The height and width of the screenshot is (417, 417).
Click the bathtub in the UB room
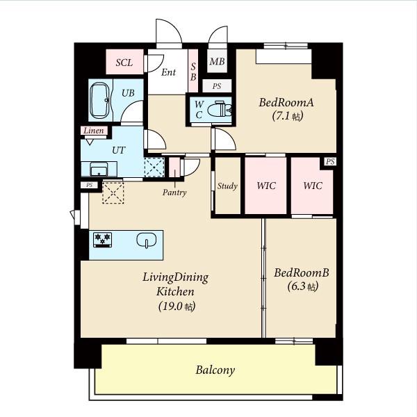click(x=99, y=100)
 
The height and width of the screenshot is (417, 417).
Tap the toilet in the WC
click(x=219, y=109)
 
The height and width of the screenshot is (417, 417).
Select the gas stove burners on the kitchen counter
click(x=102, y=240)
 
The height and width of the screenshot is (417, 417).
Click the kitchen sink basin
click(x=146, y=240)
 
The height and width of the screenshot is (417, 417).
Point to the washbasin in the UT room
click(x=99, y=169)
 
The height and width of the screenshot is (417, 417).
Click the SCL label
click(x=124, y=63)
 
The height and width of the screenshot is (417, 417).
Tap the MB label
click(x=217, y=61)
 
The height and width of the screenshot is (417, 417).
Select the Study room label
click(x=227, y=186)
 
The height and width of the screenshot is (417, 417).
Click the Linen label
click(x=94, y=131)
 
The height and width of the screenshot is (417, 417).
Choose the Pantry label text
click(x=174, y=193)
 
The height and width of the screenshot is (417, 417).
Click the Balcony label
click(x=215, y=370)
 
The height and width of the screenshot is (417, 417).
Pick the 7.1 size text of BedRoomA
click(x=288, y=116)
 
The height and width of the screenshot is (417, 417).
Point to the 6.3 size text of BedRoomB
click(x=303, y=286)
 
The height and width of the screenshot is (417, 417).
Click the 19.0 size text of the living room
click(x=177, y=306)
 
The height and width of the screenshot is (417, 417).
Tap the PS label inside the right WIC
click(x=330, y=161)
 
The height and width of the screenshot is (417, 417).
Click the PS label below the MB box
click(x=217, y=86)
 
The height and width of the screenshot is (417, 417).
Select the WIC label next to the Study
click(x=266, y=186)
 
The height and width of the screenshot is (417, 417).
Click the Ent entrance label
click(x=168, y=72)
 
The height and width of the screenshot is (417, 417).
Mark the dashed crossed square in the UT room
click(x=154, y=167)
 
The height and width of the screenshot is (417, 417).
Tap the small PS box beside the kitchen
click(x=90, y=185)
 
